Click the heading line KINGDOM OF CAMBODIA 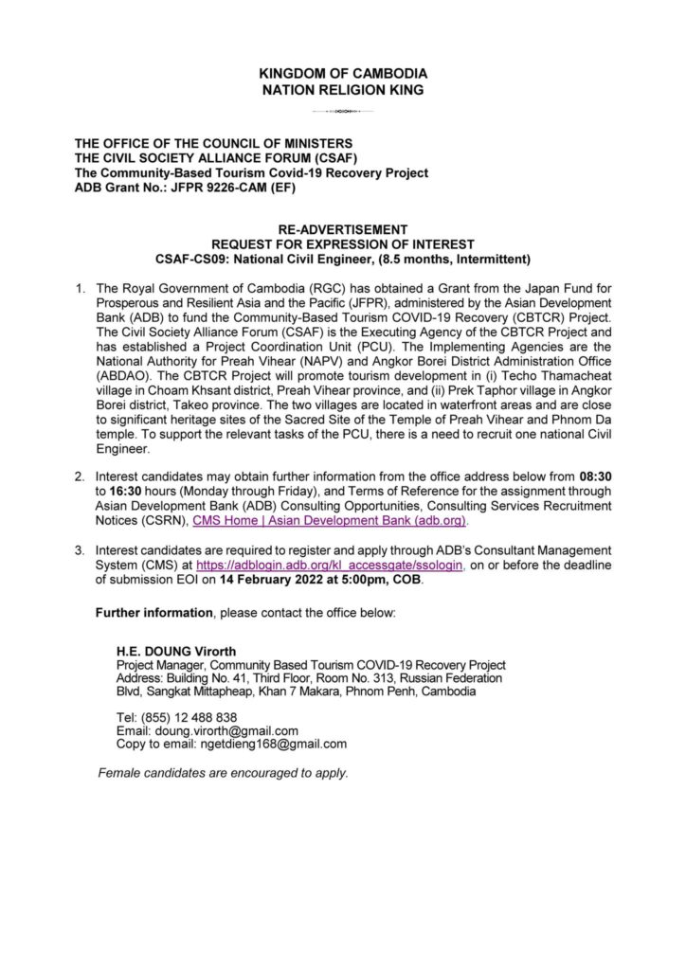(x=342, y=73)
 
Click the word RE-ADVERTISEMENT (x=342, y=229)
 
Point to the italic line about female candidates (x=224, y=773)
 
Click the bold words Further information (x=153, y=613)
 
